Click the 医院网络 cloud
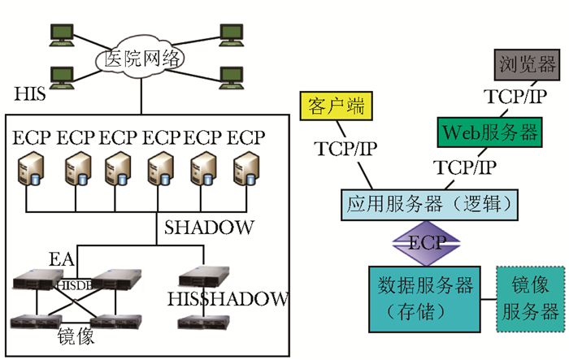(x=141, y=59)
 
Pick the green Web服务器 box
(x=487, y=131)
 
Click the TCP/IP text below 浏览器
(x=516, y=97)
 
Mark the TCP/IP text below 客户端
(x=344, y=149)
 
